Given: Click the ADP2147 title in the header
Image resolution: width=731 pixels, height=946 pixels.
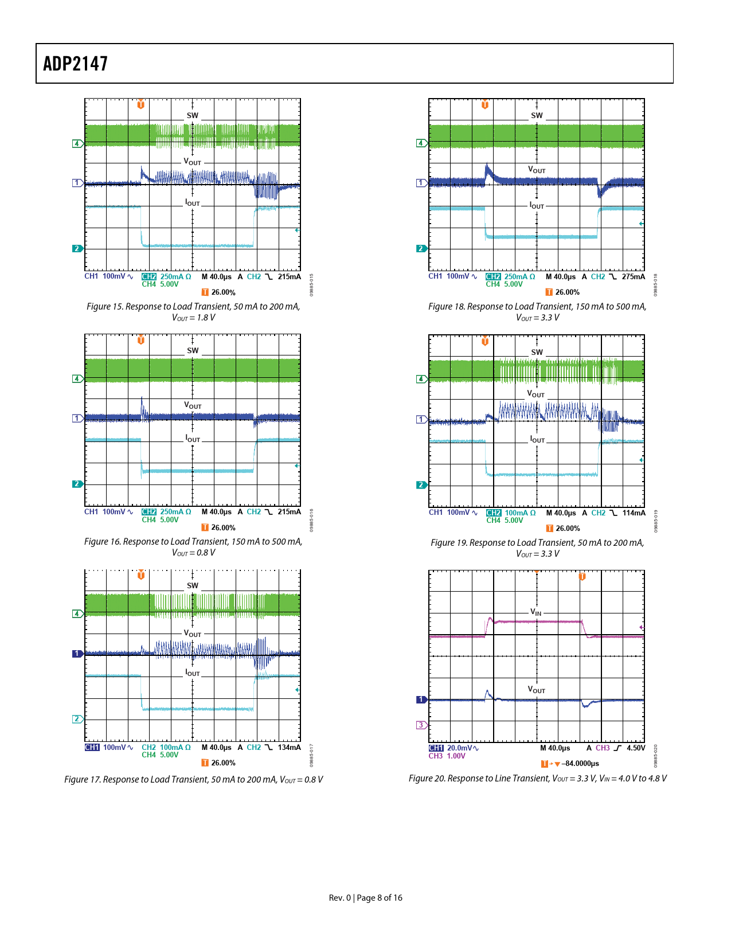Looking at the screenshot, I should coord(75,64).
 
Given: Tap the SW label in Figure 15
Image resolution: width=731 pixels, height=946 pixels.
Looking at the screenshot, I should coord(193,115).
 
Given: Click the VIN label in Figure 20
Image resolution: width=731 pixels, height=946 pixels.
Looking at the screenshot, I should coord(536,612).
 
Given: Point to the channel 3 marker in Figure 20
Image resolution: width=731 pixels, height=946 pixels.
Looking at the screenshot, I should coord(421,725).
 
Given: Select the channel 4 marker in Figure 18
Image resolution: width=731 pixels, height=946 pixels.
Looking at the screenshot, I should coord(421,143).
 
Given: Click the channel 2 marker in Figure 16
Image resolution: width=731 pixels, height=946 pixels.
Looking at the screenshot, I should coord(77,484).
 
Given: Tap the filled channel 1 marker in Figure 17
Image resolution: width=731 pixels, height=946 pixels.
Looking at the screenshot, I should coord(77,654).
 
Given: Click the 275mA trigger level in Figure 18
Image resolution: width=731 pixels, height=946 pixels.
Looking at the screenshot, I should coord(633,277).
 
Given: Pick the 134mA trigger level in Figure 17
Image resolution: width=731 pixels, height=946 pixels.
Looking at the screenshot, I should coord(289,748).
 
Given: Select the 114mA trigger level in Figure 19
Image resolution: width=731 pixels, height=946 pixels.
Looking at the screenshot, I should coord(634,513).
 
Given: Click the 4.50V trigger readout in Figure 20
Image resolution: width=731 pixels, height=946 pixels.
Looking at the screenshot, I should coord(636,748).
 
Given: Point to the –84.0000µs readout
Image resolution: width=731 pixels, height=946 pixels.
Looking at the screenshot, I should coord(580,764).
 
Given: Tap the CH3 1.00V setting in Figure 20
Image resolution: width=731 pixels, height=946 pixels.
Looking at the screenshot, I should coord(447,756).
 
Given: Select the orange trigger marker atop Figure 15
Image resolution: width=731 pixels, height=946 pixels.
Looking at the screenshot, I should coord(141,104).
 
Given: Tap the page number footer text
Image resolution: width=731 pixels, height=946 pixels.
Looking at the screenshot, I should coord(365,898).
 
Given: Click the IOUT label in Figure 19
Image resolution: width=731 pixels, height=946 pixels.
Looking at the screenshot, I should coord(537,440).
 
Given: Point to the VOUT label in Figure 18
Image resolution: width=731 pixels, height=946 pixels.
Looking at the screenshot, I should coord(537,170).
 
